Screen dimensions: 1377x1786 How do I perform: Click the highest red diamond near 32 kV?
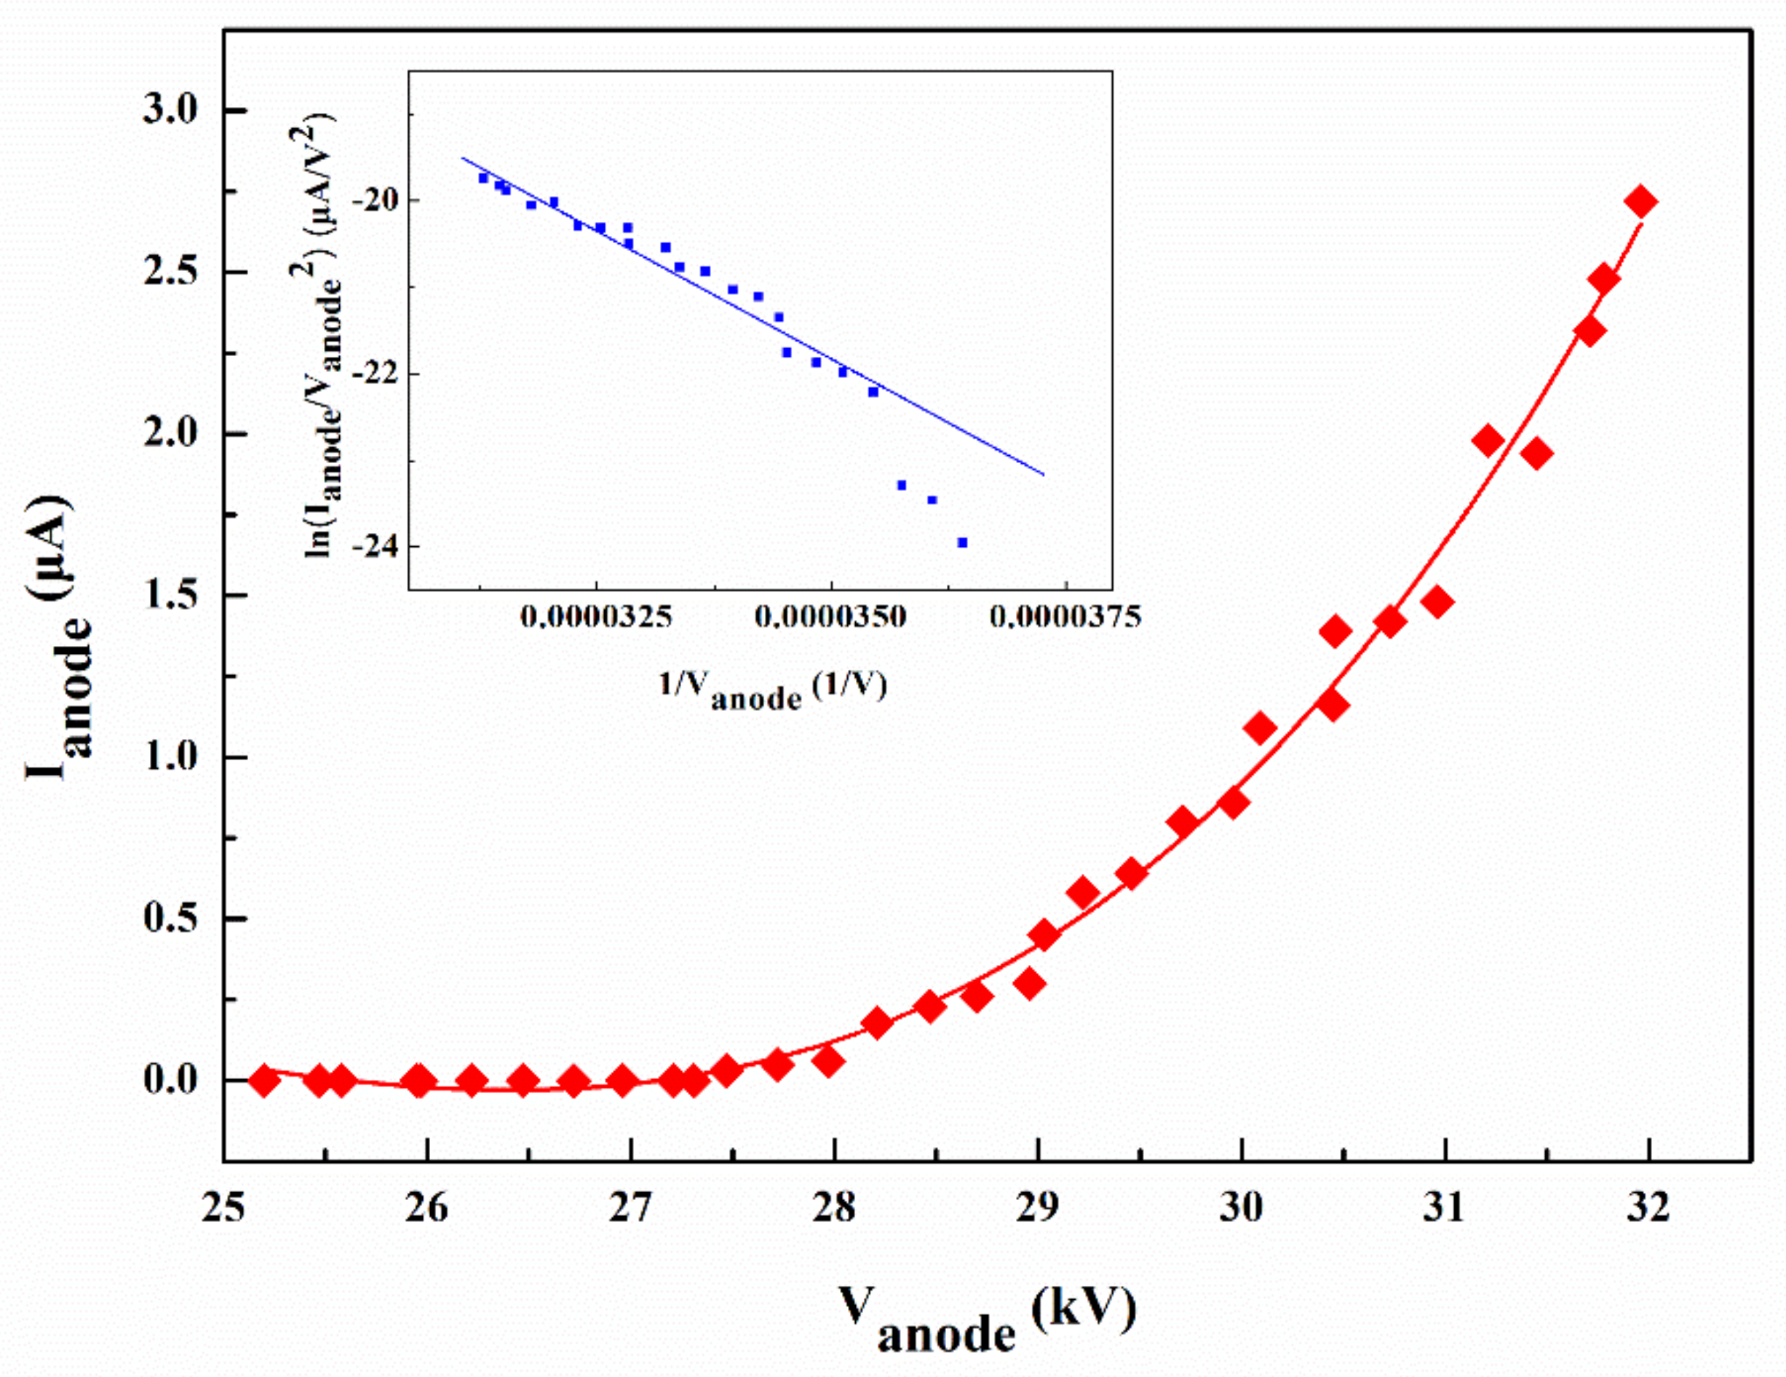pos(1640,201)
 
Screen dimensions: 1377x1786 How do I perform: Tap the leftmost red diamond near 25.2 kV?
pos(264,1081)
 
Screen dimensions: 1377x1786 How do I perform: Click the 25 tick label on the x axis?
pos(223,1210)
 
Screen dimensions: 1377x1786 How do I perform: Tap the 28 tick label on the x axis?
pos(834,1210)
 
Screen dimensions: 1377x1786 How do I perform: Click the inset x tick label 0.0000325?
pos(596,617)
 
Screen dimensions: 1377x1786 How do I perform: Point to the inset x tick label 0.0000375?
pos(1065,617)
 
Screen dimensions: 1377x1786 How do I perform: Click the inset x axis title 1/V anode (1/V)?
pos(773,690)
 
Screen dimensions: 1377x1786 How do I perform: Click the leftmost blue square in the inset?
pos(483,178)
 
